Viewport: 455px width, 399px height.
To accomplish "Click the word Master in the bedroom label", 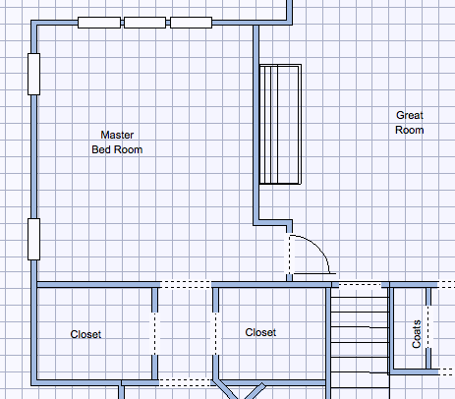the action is point(117,135).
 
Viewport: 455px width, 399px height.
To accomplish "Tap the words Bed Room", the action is point(117,149).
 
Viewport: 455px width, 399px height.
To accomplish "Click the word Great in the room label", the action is point(410,115).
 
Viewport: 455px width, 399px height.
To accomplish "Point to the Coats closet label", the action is point(417,334).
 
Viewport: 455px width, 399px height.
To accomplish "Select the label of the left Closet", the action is point(85,334).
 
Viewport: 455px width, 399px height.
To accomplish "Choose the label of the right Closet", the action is point(260,332).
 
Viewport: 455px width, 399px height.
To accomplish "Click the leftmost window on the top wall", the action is point(99,23).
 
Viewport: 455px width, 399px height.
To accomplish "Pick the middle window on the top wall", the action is point(144,23).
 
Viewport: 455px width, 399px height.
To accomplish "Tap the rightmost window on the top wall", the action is point(191,23).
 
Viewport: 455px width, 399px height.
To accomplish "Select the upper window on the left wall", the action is point(34,74).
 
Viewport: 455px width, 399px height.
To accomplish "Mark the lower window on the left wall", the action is point(34,239).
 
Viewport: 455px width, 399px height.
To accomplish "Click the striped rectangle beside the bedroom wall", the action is point(280,124).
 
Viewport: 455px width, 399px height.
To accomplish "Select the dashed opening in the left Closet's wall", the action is point(155,333).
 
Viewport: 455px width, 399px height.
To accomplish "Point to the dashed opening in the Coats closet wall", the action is point(428,327).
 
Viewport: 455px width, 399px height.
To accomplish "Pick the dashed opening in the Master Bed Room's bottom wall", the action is point(186,284).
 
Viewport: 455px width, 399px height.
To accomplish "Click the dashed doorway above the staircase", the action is point(360,285).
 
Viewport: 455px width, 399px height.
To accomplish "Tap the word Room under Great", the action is point(410,130).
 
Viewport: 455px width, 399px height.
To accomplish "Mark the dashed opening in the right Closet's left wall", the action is point(215,333).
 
